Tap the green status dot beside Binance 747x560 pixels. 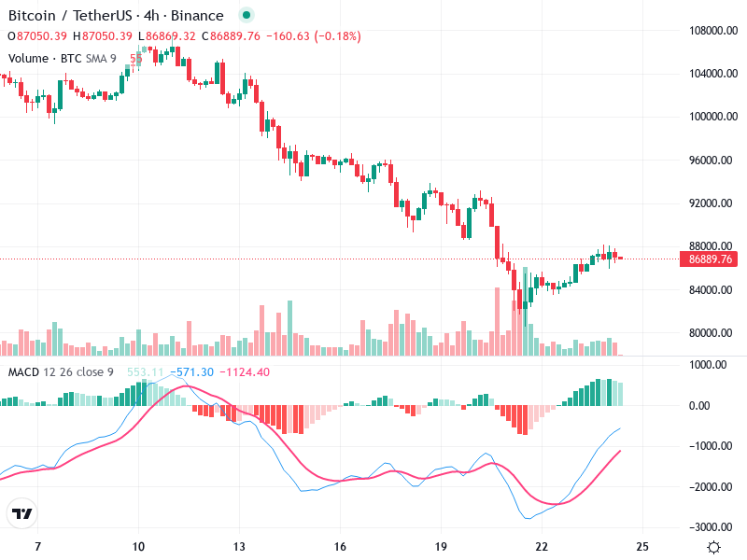point(246,16)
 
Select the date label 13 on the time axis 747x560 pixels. point(239,547)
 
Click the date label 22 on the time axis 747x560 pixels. point(542,547)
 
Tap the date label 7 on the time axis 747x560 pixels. point(37,547)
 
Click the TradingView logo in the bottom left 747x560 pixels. point(22,514)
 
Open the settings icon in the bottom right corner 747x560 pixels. point(714,547)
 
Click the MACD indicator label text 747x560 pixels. point(23,372)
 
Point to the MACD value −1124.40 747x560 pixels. point(245,372)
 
